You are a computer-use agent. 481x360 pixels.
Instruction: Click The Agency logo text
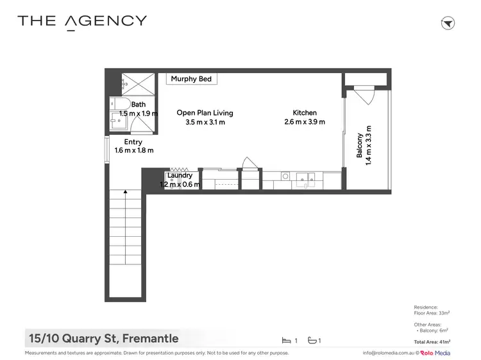coord(82,21)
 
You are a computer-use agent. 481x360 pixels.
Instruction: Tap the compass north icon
coord(448,23)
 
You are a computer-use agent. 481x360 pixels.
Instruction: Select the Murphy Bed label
coord(192,79)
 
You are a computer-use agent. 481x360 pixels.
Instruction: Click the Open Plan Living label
coord(205,113)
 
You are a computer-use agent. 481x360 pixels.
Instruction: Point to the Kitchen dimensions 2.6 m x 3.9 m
coord(305,122)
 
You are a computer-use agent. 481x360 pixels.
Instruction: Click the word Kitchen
coord(305,113)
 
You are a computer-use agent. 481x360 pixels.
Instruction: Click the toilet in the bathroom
coord(120,104)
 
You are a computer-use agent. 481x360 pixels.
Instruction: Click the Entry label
coord(133,142)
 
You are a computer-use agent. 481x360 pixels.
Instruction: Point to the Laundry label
coord(180,175)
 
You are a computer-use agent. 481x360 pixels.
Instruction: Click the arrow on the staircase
coord(125,191)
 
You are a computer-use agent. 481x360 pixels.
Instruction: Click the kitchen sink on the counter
coord(304,177)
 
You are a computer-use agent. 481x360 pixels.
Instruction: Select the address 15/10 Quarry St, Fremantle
coord(103,338)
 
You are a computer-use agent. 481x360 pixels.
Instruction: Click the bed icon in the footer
coord(286,340)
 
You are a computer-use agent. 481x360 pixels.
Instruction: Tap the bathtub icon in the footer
coord(312,340)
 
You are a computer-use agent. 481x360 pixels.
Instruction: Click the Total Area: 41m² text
coord(432,342)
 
